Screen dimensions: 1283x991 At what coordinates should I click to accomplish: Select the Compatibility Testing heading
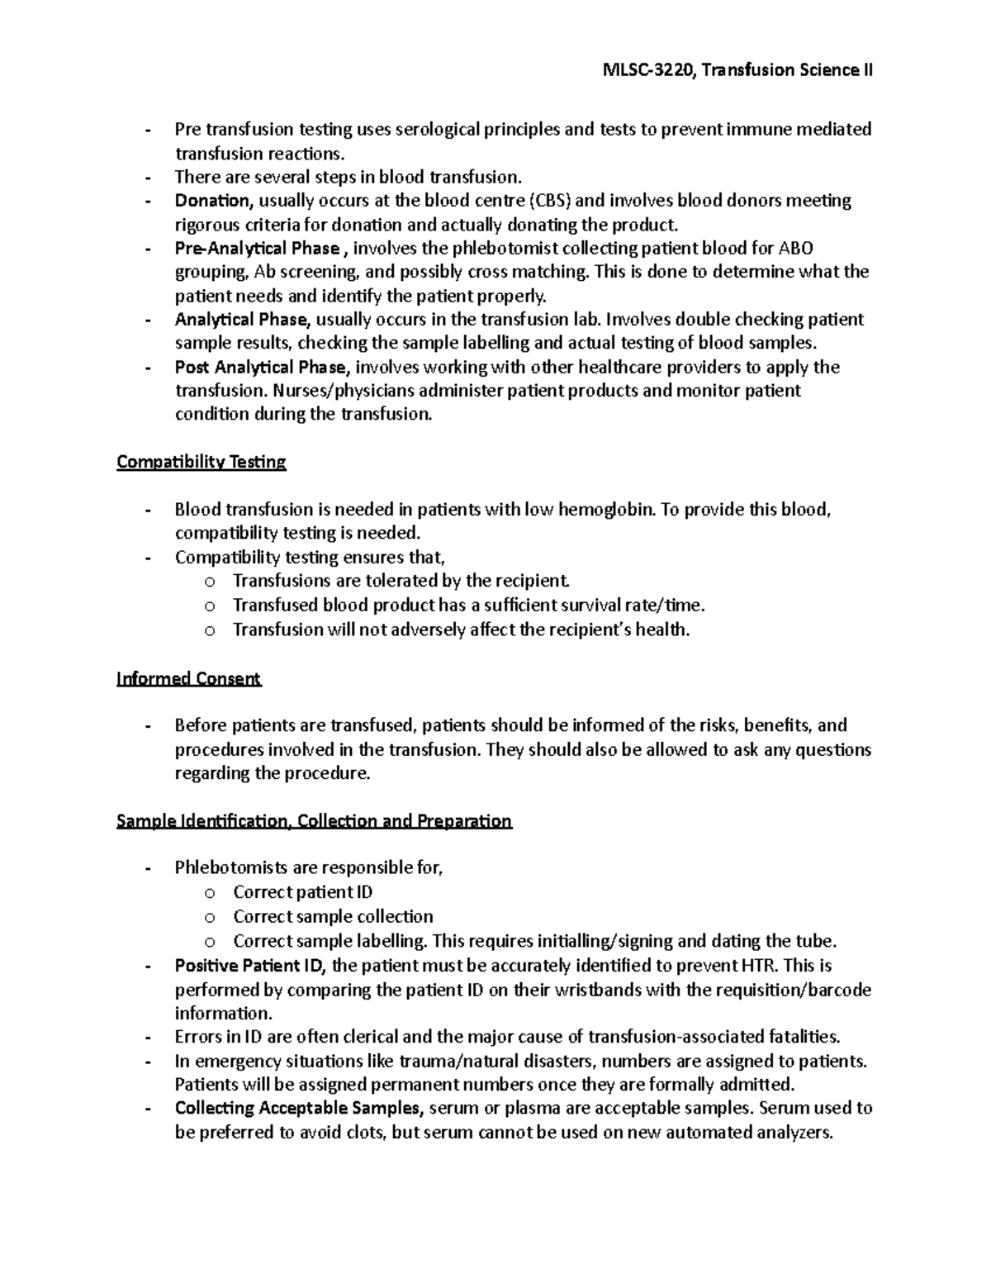202,462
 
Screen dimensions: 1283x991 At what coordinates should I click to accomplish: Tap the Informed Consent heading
189,679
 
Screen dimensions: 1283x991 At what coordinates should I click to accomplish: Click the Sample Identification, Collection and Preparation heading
315,821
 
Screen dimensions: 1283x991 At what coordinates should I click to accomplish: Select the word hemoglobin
605,510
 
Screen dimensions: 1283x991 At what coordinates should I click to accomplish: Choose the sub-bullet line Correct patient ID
302,892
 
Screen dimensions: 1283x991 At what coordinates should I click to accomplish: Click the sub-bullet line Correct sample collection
333,917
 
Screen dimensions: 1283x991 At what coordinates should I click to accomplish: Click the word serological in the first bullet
444,130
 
